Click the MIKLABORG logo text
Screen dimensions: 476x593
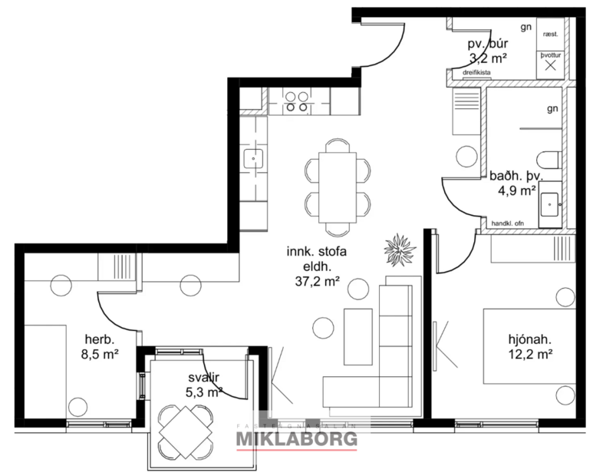point(296,440)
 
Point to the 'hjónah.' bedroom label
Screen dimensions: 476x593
point(530,339)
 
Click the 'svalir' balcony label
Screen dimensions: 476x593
point(205,378)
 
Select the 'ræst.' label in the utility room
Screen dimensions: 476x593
point(549,35)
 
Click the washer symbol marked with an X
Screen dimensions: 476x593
point(550,65)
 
